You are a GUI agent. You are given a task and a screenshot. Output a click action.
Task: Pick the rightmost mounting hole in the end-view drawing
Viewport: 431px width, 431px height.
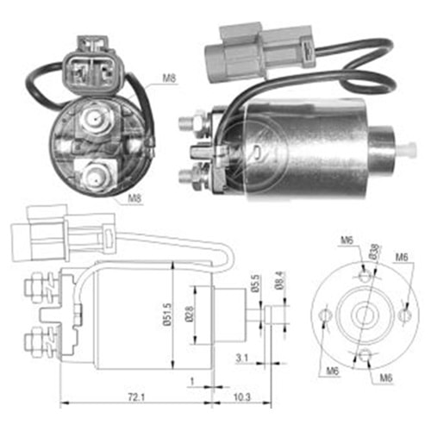pos(403,313)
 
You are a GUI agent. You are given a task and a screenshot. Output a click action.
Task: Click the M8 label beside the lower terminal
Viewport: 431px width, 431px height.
pos(134,198)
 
